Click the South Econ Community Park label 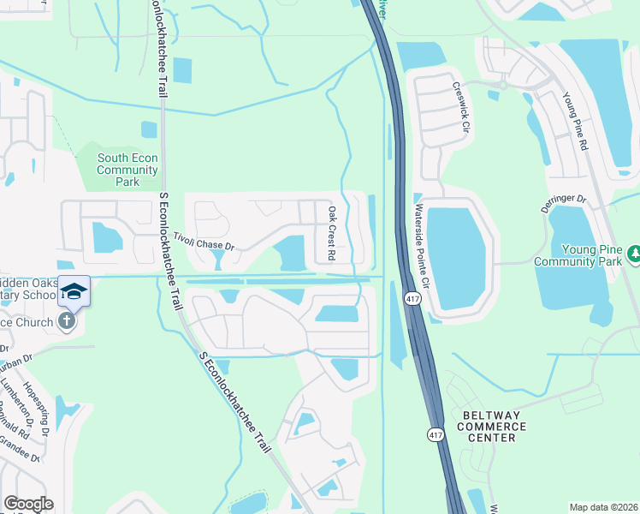point(127,170)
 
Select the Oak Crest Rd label point(331,232)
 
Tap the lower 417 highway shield point(436,436)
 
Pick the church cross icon point(66,321)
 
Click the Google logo point(28,504)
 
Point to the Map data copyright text point(603,507)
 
